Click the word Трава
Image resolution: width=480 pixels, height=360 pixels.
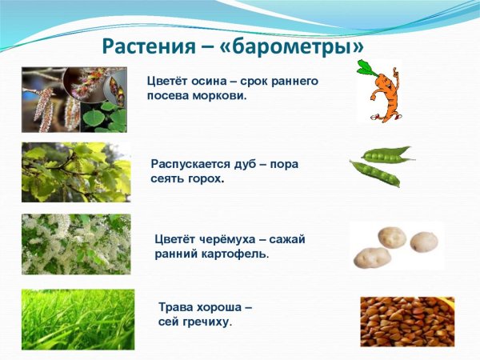[x=176, y=307]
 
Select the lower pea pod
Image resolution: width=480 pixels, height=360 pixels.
[x=374, y=174]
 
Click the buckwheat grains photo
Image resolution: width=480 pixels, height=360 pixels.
[x=406, y=321]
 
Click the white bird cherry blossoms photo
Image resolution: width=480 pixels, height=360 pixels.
[x=75, y=244]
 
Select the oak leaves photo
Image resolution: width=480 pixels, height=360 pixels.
[x=75, y=171]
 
